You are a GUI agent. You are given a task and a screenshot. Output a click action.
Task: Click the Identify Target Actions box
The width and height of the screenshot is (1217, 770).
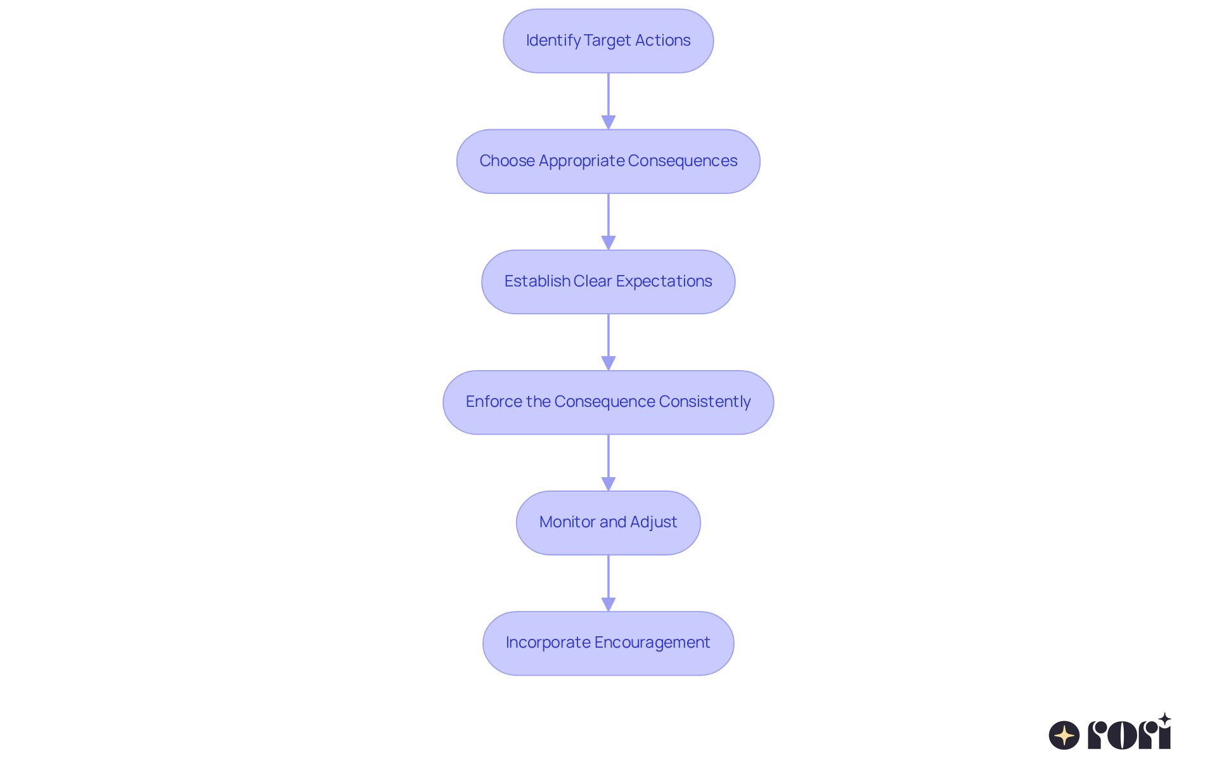click(608, 41)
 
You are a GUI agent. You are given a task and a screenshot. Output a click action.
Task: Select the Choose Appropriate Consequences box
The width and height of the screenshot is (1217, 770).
click(608, 161)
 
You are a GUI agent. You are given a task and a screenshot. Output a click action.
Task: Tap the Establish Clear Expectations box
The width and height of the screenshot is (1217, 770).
click(608, 281)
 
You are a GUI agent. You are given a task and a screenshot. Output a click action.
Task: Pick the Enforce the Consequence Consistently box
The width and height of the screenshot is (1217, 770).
click(608, 402)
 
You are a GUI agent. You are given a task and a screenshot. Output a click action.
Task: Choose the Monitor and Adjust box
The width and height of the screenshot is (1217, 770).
click(608, 522)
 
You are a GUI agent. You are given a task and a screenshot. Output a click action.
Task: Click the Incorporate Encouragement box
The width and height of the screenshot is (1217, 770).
click(608, 643)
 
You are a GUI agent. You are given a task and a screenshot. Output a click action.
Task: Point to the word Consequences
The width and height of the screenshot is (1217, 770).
click(682, 161)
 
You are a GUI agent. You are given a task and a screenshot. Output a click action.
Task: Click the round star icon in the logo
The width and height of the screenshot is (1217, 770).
click(1064, 735)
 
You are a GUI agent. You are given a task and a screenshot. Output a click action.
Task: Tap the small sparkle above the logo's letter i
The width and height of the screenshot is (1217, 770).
click(1164, 719)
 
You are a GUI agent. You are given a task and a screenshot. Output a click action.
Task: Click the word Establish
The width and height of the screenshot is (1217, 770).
click(537, 281)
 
